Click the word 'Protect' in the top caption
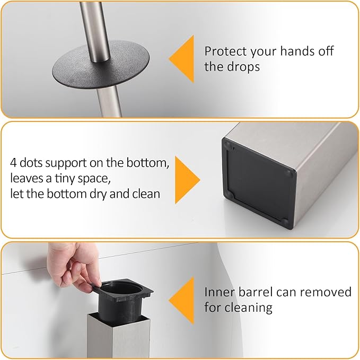point(223,51)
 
